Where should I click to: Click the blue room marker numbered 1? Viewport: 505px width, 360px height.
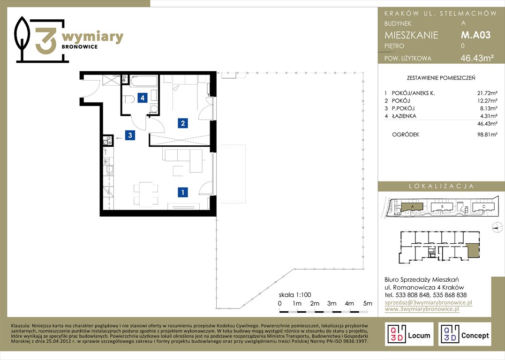click(182, 192)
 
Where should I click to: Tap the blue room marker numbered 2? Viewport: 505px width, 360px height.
click(182, 123)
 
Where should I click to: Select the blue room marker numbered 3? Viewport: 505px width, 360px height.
click(130, 135)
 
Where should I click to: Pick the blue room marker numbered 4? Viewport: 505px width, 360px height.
click(143, 97)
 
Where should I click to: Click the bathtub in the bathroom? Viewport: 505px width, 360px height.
click(143, 81)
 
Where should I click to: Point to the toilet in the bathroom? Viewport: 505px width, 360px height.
click(128, 98)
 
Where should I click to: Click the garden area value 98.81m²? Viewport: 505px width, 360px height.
click(487, 135)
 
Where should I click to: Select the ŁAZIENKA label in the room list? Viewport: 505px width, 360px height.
click(404, 116)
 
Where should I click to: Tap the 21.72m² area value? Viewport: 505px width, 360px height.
click(487, 93)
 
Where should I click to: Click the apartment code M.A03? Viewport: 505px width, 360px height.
click(475, 35)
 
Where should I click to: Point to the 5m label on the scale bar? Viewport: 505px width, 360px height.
click(368, 303)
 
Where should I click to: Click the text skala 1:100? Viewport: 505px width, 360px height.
click(294, 295)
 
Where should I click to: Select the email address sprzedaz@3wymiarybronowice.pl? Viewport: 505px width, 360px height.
click(429, 302)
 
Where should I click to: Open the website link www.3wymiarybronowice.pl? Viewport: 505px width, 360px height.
click(422, 309)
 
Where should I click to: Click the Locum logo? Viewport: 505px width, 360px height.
click(409, 334)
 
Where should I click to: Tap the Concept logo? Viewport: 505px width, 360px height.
click(465, 334)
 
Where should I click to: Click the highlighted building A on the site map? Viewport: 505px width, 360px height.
click(412, 207)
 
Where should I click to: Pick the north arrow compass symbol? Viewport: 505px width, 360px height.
click(497, 227)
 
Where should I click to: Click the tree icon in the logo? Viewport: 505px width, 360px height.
click(22, 38)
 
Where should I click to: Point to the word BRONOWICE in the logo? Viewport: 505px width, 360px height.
click(80, 47)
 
